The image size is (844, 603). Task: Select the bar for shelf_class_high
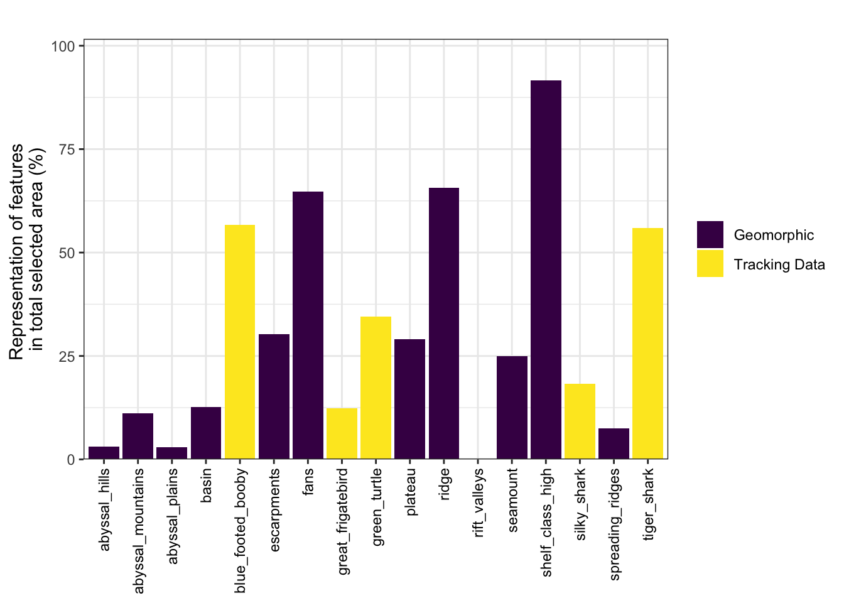(x=546, y=269)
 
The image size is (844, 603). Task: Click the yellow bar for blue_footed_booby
(x=240, y=342)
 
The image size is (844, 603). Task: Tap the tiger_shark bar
(x=647, y=344)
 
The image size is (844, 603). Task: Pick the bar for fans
(x=308, y=325)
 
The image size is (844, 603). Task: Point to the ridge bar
(x=444, y=323)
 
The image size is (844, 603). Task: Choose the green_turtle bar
(x=376, y=388)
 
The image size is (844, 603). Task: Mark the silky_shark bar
(x=580, y=421)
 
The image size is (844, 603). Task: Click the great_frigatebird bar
(x=342, y=433)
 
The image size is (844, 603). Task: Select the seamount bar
(x=512, y=407)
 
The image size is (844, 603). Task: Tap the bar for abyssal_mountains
(x=138, y=436)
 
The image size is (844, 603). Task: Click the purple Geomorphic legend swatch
(x=710, y=235)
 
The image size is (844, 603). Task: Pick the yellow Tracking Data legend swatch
(x=710, y=264)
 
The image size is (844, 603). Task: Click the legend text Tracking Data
(x=779, y=264)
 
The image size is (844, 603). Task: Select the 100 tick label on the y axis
(x=63, y=46)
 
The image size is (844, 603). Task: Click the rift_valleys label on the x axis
(x=479, y=503)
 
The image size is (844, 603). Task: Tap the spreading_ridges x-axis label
(x=615, y=524)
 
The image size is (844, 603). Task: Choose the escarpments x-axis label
(x=274, y=509)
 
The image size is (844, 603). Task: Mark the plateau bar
(x=409, y=399)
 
